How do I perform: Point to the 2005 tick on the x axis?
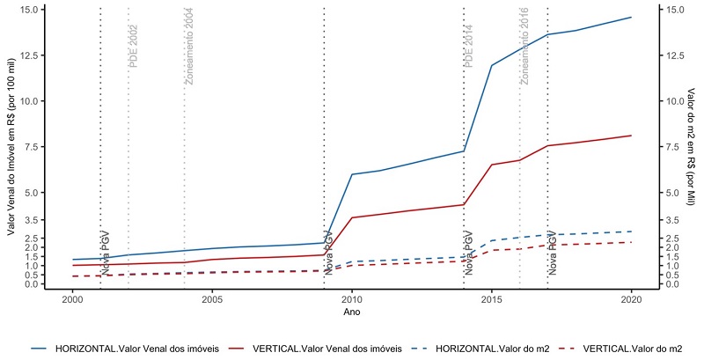pos(211,299)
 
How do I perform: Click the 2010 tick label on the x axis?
pos(352,299)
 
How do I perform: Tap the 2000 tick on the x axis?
pos(72,299)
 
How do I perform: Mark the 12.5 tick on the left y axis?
pos(26,55)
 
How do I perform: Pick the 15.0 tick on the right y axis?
pos(676,10)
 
